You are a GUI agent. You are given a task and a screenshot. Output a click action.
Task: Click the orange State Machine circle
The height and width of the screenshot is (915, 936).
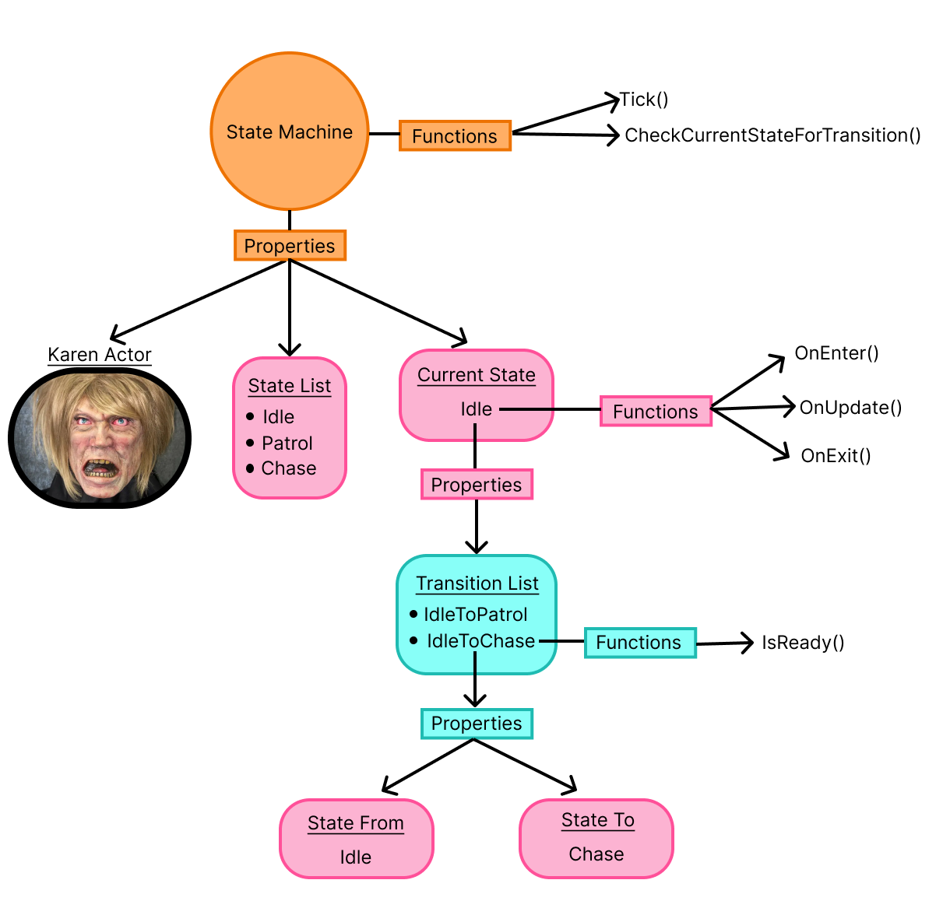[x=290, y=131]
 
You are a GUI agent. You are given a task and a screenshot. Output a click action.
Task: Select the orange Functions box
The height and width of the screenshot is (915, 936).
[x=455, y=136]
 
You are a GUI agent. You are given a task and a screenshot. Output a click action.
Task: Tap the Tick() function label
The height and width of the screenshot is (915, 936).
[x=644, y=100]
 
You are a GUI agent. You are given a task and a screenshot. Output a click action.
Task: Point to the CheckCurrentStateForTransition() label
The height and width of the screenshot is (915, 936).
[x=772, y=135]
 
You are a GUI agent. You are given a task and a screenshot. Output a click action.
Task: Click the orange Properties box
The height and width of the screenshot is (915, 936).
[x=290, y=246]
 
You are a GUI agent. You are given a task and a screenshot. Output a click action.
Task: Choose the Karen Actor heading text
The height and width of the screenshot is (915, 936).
[x=100, y=355]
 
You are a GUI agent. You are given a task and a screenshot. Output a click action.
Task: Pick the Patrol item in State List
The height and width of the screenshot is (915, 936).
[x=287, y=443]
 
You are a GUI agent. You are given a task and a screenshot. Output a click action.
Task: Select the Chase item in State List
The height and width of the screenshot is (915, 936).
[x=288, y=468]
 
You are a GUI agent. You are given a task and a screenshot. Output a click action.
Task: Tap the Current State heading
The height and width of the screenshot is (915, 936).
[x=477, y=375]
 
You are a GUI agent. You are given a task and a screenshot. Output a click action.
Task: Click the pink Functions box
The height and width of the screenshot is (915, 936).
[x=656, y=412]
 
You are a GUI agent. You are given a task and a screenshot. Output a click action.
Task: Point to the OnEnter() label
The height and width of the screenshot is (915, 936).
[x=836, y=353]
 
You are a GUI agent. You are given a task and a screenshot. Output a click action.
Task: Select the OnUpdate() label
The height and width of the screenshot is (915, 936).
[x=850, y=408]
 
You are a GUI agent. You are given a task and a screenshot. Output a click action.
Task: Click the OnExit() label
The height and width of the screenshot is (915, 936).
[x=836, y=456]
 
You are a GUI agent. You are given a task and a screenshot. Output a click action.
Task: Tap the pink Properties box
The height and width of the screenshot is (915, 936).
[x=477, y=485]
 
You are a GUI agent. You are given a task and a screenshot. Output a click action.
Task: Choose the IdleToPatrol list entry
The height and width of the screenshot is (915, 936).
[x=475, y=615]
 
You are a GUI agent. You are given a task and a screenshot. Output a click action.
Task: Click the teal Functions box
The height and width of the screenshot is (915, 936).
[x=639, y=643]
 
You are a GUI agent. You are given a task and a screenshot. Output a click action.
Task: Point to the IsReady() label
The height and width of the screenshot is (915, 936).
[x=803, y=643]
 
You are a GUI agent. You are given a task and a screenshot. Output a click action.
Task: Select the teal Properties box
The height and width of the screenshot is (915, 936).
[x=477, y=724]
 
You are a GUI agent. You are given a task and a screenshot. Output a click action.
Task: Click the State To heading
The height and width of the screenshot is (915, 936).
[x=598, y=820]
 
